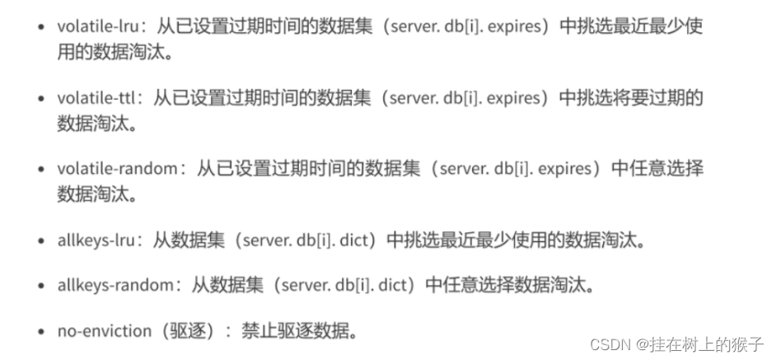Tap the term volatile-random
click(x=117, y=169)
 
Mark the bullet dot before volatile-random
click(x=42, y=170)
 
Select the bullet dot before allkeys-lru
click(x=42, y=241)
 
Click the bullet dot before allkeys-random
click(x=42, y=287)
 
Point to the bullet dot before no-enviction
click(x=42, y=333)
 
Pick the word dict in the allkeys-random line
click(x=394, y=286)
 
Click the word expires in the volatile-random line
click(x=568, y=169)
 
